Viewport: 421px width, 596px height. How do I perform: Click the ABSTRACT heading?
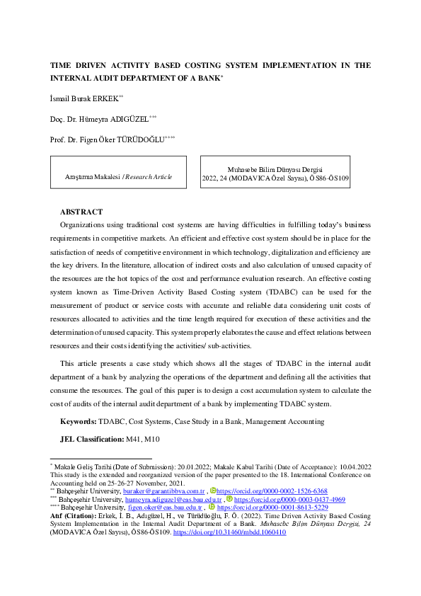pyautogui.click(x=81, y=212)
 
